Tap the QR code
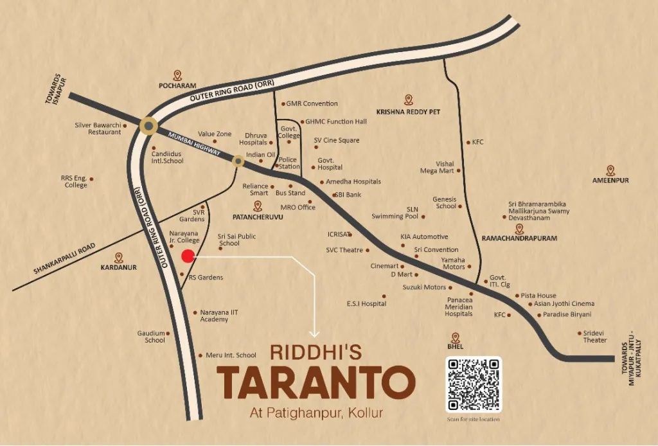[x=474, y=384]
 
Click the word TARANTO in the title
[x=315, y=382]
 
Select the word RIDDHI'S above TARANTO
[x=316, y=352]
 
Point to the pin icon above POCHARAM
[x=177, y=75]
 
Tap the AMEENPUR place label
[x=610, y=181]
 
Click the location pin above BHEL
[x=456, y=337]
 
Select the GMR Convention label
[x=312, y=103]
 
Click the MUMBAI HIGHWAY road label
[x=193, y=144]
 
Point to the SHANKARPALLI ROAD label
[x=64, y=258]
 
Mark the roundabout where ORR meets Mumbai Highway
[x=149, y=125]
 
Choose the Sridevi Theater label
[x=594, y=336]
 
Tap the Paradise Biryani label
[x=567, y=315]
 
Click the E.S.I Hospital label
[x=366, y=303]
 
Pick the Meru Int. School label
[x=231, y=355]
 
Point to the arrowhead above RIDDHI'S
[x=314, y=333]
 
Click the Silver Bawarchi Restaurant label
[x=98, y=128]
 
